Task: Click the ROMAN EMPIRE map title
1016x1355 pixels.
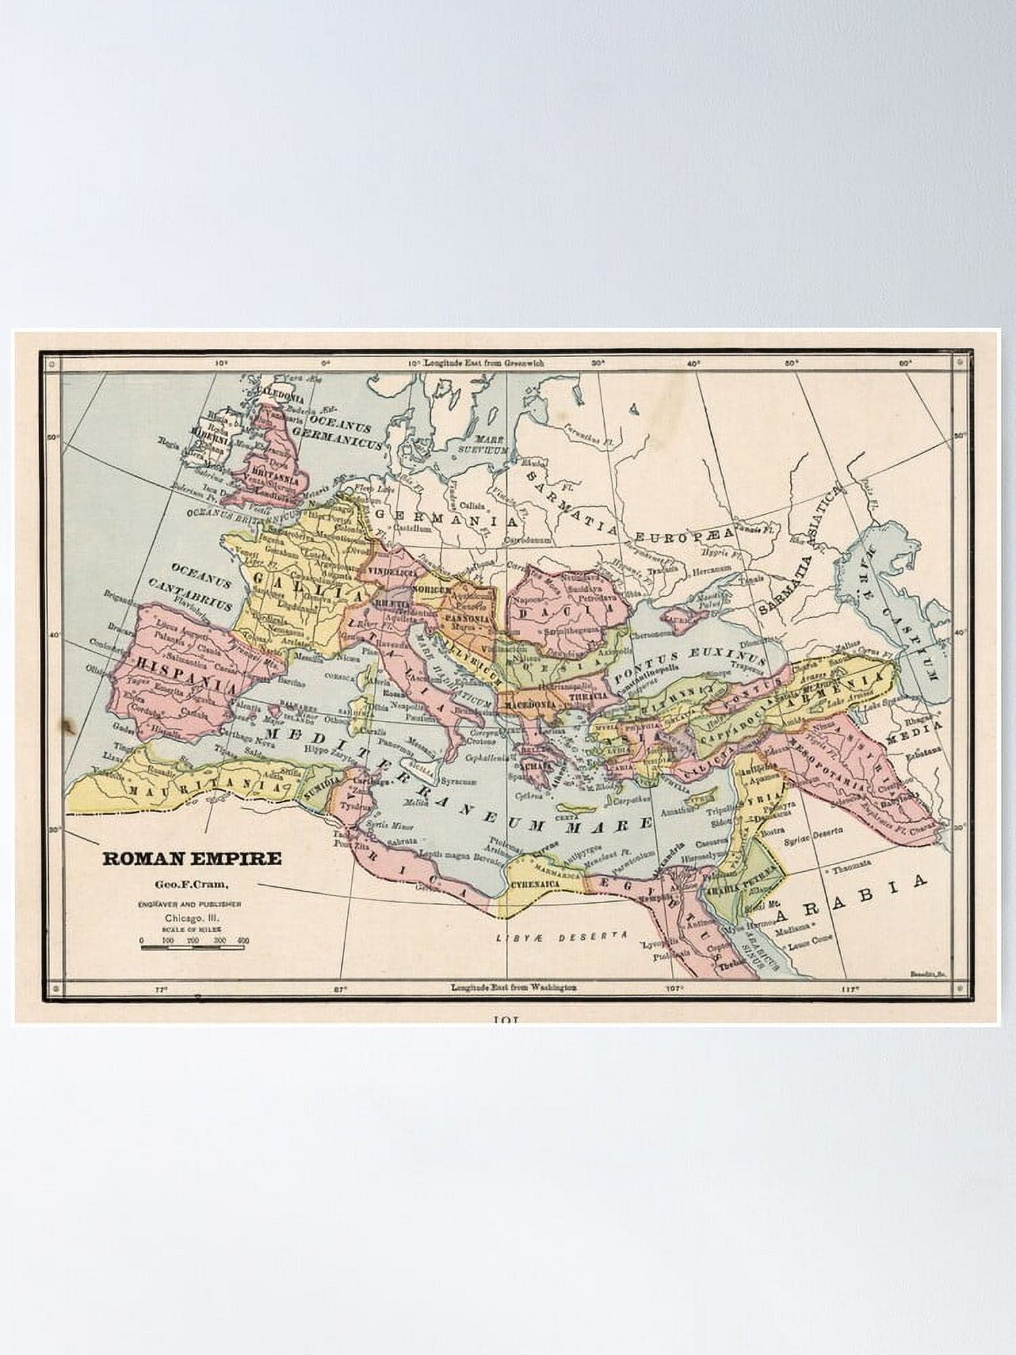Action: [192, 858]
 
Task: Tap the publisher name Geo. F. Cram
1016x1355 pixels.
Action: [191, 883]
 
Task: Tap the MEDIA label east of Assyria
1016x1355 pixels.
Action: [923, 732]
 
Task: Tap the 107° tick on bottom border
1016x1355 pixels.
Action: [673, 988]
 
